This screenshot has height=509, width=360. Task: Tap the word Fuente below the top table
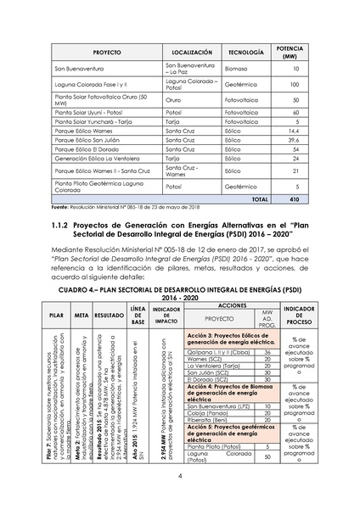pyautogui.click(x=61, y=206)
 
